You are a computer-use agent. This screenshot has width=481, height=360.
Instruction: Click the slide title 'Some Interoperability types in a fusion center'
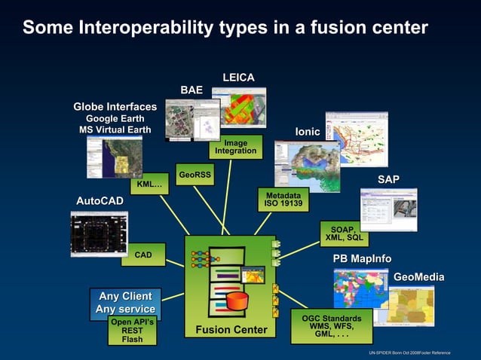tap(225, 28)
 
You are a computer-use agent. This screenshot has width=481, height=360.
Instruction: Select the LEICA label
tap(238, 78)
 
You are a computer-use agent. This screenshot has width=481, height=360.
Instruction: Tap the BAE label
tap(191, 90)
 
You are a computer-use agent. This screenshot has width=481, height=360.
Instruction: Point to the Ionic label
tap(307, 132)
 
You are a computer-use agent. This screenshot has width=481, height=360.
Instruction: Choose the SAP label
tap(388, 178)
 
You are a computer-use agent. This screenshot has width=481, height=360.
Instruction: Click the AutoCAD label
tap(100, 201)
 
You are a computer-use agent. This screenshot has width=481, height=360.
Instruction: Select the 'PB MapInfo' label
tap(362, 259)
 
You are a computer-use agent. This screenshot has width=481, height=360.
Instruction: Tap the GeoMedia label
tap(418, 278)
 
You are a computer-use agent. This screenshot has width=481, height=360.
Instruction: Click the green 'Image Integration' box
tap(235, 147)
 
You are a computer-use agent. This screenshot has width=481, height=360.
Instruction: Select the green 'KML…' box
tap(149, 185)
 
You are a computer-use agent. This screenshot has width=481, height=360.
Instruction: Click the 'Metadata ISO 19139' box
tap(283, 199)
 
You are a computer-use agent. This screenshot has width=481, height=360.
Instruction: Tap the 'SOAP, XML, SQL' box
tap(344, 233)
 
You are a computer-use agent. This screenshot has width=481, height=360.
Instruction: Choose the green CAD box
tap(143, 255)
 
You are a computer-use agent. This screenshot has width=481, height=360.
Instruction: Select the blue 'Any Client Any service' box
tap(125, 303)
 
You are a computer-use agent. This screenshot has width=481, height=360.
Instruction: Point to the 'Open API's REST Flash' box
tap(132, 331)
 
